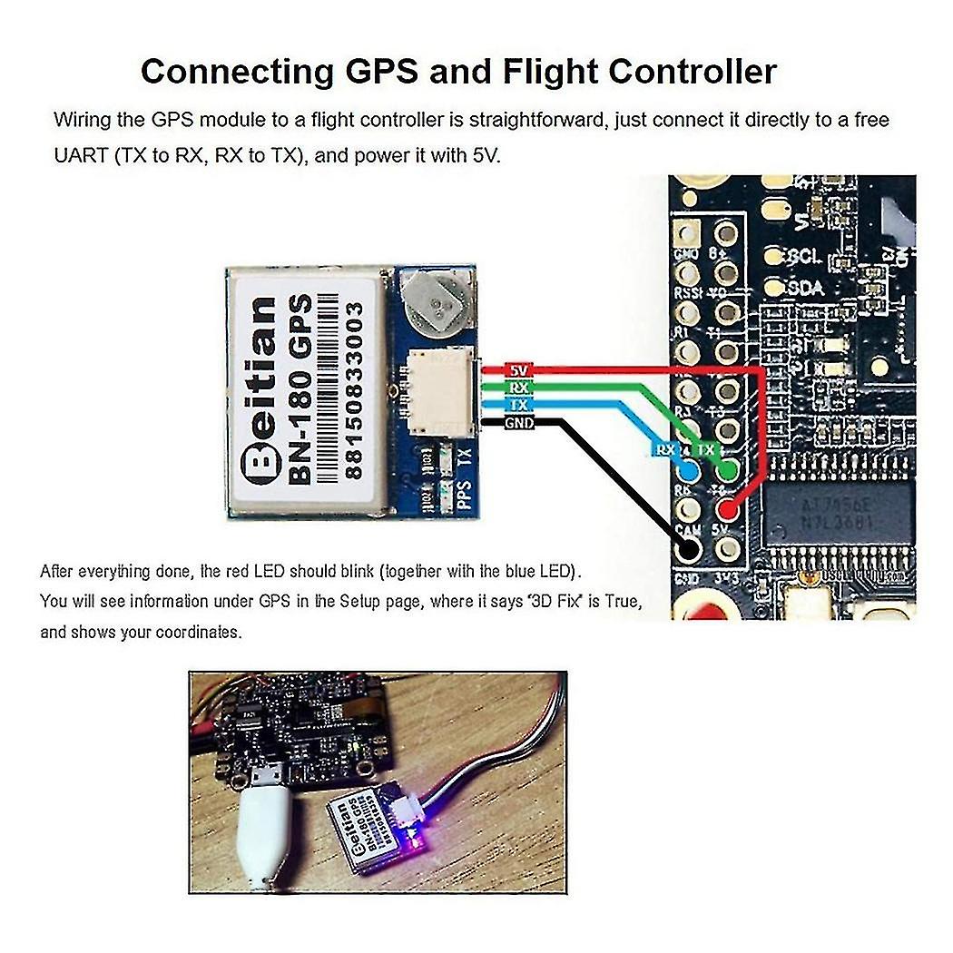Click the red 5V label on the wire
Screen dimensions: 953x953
519,370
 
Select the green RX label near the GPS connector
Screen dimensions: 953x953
519,388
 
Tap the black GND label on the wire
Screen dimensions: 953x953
519,423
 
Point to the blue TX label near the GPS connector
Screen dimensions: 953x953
519,406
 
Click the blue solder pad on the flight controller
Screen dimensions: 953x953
688,471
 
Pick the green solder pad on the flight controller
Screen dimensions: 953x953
727,470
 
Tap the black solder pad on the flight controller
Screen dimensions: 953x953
688,548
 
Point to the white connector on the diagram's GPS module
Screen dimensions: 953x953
438,391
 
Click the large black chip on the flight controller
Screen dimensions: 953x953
834,513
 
